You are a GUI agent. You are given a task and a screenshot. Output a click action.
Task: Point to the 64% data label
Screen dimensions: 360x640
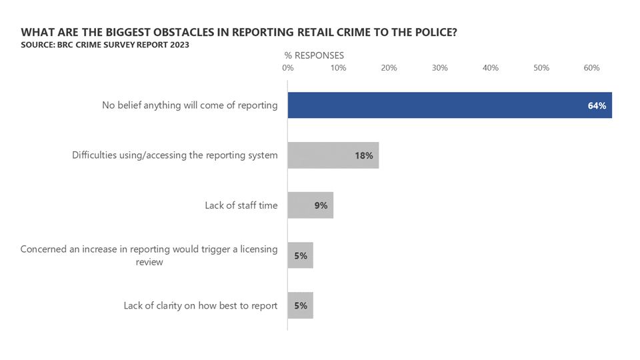597,105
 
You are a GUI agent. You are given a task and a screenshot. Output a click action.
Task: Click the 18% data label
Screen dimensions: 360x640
364,155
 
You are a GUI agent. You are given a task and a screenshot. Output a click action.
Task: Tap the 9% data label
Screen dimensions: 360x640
321,205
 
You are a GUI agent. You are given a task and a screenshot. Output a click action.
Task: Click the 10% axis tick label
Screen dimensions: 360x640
338,68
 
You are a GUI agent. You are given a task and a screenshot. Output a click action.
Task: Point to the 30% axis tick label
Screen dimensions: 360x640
439,68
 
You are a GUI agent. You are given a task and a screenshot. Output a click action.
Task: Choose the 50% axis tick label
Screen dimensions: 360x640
541,68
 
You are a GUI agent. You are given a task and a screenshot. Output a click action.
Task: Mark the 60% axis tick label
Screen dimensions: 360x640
591,68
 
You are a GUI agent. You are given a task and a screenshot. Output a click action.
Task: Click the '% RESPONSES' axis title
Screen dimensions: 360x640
314,55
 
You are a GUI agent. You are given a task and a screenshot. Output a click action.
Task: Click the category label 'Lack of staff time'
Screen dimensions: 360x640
241,205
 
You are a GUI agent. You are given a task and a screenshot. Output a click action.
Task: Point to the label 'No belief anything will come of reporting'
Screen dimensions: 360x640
189,105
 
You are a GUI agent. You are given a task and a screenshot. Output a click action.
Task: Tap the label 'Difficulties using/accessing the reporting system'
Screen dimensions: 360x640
175,155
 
